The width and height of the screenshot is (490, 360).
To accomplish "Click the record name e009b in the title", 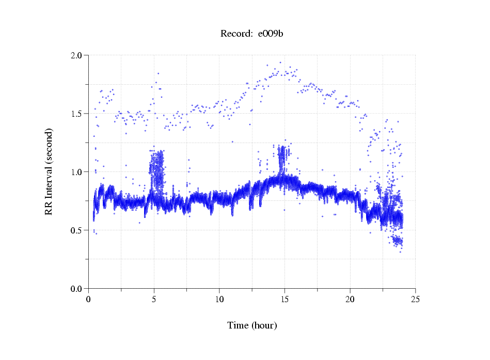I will coord(271,34).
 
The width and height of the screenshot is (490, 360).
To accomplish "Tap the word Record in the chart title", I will coord(234,34).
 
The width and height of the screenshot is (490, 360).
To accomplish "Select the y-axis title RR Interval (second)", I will coord(49,171).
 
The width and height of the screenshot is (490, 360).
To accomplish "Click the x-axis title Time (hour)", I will coord(252,325).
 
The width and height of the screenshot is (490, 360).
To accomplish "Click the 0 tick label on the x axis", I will coord(89,299).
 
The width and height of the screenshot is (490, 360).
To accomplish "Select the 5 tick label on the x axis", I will coord(154,299).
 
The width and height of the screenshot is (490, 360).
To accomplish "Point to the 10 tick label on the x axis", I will coord(219,299).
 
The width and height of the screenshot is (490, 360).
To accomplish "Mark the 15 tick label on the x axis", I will coord(284,299).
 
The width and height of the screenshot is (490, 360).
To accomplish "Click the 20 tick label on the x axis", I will coord(350,299).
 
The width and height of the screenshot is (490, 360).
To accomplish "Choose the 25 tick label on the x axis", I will coord(415,299).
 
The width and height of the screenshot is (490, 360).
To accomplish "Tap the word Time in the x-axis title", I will coord(238,325).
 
